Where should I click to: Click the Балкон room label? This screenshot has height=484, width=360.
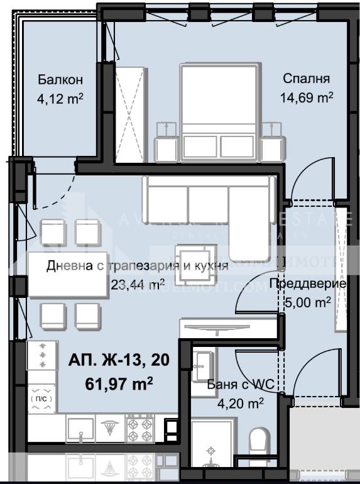60,80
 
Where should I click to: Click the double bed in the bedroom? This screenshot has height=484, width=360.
219,113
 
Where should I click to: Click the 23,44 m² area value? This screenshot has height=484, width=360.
138,283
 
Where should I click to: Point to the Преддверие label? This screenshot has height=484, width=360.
307,284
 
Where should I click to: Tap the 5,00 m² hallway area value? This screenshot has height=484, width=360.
308,302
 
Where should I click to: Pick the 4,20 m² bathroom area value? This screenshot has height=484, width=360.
235,403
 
